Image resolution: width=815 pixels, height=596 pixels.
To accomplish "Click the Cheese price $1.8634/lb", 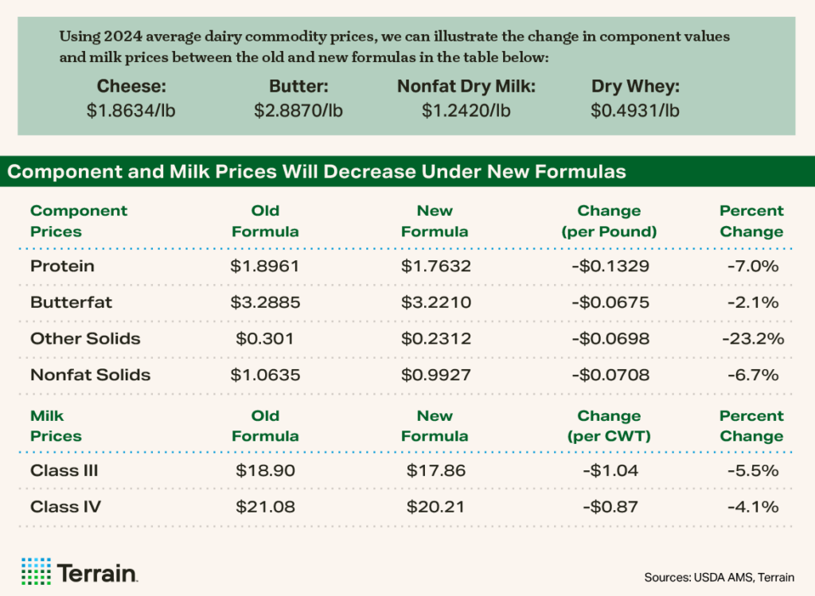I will pos(131,111).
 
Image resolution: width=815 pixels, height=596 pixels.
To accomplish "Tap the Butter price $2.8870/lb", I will pos(298,111).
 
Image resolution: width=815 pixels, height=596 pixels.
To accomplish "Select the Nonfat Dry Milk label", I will pos(466,88).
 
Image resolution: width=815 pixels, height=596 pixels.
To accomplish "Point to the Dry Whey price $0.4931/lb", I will pos(635,111).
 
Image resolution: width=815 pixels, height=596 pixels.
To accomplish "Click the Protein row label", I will pos(62,266).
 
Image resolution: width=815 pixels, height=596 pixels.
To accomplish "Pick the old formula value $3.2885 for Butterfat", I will pos(265,302).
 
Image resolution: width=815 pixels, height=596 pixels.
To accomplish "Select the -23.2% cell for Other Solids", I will pos(752,339).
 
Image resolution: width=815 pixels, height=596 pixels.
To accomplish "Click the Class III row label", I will pos(64,470).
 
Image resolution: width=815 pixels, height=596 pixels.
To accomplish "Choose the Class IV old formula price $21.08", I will pos(265,507).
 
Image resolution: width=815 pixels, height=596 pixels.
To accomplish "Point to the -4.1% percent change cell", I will pos(752,507).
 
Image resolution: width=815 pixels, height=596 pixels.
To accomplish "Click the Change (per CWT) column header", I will pos(610,426).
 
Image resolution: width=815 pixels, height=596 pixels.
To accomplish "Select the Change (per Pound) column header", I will pos(610,221).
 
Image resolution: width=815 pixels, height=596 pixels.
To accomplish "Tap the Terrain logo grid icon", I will pos(35,571).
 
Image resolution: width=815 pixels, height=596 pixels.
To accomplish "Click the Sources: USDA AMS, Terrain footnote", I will pos(719,576).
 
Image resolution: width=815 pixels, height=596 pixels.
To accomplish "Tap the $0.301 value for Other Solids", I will pos(265,339).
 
